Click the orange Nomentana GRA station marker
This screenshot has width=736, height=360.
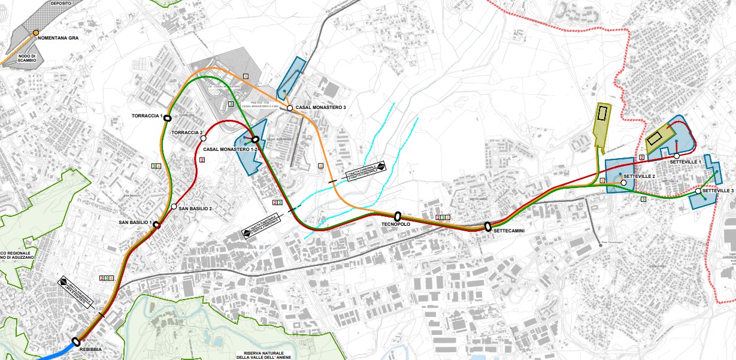pos(36,32)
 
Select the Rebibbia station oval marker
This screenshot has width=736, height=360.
pos(76,341)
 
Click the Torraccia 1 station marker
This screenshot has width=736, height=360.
pos(168,119)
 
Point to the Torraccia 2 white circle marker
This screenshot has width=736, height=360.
pos(204,139)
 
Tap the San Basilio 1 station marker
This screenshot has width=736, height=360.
pos(156,225)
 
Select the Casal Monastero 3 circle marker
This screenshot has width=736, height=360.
pos(289,108)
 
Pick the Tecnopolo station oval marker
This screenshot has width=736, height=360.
pos(397,215)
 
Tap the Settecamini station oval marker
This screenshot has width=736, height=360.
pos(488,226)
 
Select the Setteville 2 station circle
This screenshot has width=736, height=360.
pos(623,183)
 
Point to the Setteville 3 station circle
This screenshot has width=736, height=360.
pos(698,191)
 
